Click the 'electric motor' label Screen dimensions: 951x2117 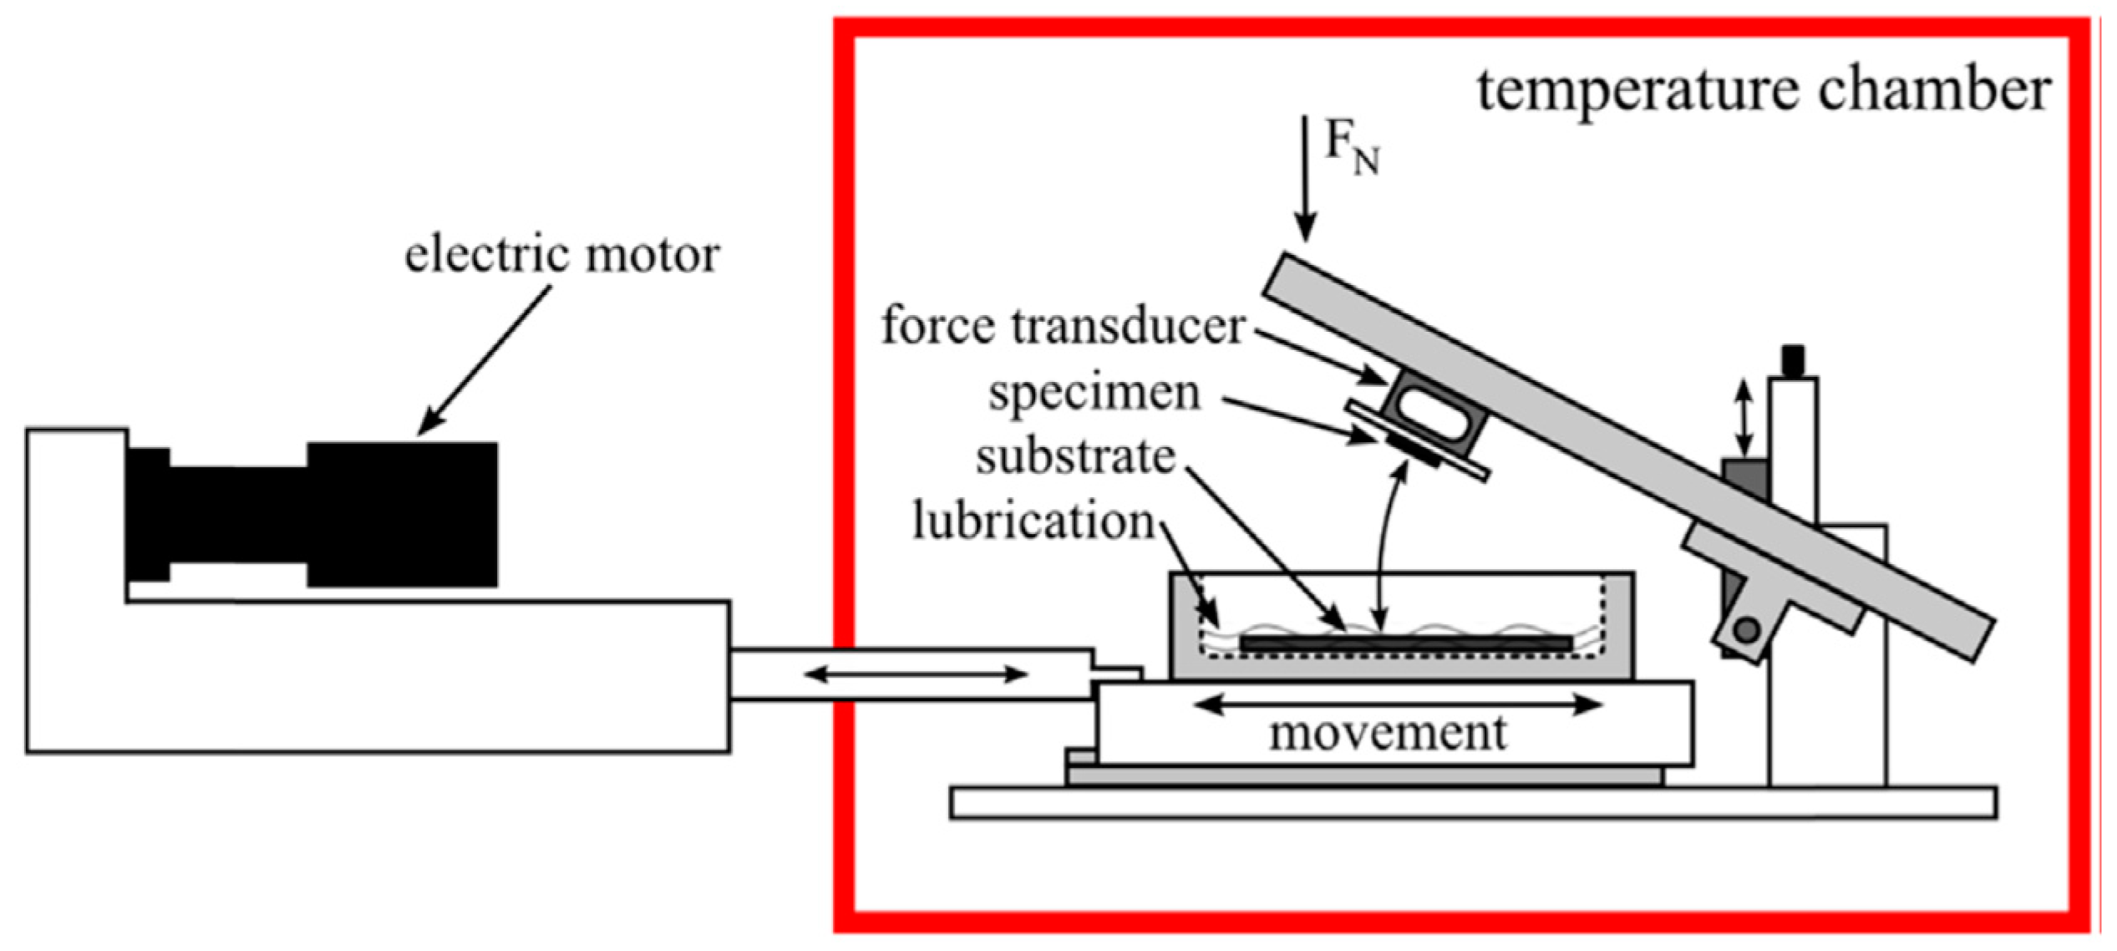561,255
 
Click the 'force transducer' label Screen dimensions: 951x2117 1063,326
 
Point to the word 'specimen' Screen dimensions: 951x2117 1094,393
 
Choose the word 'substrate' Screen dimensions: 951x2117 1075,457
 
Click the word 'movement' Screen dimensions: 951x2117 1388,734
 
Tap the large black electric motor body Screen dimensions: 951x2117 401,514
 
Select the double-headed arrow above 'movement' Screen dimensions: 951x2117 1397,704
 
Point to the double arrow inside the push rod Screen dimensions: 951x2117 915,674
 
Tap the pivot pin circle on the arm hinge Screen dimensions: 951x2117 1746,630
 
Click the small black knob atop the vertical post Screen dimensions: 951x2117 1793,361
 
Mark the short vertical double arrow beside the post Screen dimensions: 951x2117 1744,418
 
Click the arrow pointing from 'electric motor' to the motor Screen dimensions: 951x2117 485,359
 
